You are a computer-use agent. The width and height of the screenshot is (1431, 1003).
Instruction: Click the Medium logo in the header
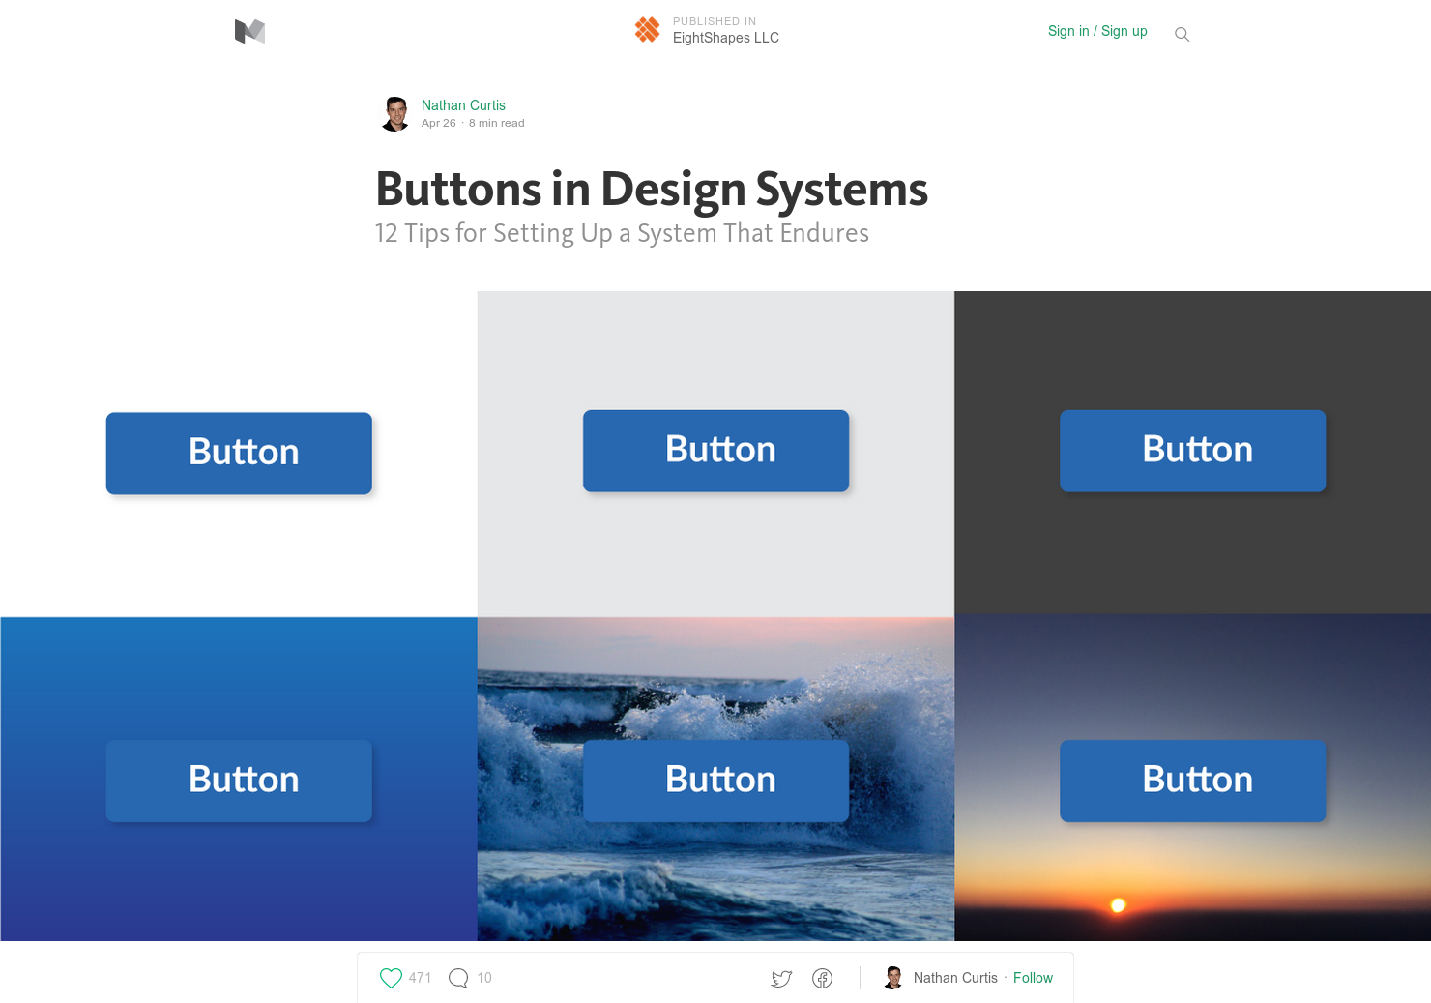click(x=249, y=32)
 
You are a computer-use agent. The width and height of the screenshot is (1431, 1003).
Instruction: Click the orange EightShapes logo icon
click(x=647, y=30)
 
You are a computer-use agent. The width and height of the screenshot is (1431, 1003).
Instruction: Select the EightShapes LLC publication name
click(x=725, y=38)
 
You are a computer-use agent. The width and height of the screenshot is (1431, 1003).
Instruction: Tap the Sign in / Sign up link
click(x=1097, y=31)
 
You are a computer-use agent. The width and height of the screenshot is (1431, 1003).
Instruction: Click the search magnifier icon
click(x=1182, y=35)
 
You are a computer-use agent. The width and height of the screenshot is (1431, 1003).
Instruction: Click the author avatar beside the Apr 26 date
click(x=395, y=114)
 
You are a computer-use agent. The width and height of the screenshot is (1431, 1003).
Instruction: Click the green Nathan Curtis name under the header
click(x=463, y=105)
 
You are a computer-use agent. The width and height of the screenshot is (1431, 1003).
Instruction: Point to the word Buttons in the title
click(x=460, y=190)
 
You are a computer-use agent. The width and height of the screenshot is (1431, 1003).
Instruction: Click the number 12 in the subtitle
click(x=387, y=234)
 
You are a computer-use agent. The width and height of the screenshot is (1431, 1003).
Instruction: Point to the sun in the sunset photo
click(x=1118, y=905)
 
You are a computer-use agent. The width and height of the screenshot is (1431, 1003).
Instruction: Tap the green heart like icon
click(x=391, y=978)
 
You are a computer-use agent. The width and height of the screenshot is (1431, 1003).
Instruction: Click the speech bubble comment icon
click(x=458, y=978)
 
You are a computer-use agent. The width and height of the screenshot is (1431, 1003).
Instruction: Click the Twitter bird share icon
click(x=781, y=979)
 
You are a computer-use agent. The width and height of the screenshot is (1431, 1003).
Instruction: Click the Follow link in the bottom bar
click(x=1033, y=978)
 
